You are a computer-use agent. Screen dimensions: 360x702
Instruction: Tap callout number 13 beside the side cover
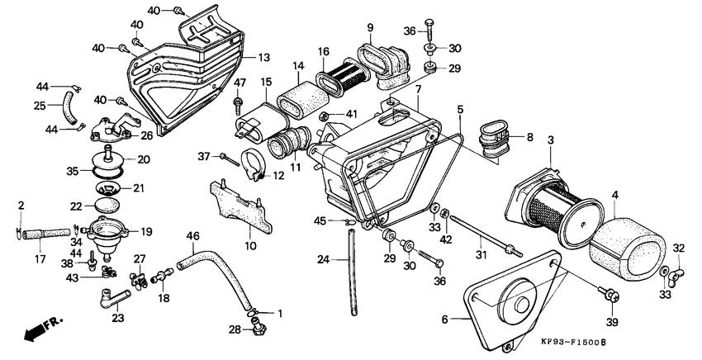click(x=263, y=57)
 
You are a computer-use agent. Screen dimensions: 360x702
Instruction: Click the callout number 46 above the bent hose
click(x=192, y=236)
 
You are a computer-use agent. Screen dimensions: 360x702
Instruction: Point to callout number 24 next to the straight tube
click(x=323, y=259)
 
